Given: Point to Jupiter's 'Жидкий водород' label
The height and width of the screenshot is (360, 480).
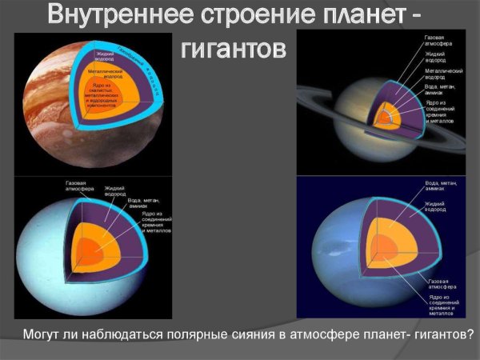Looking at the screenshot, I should pyautogui.click(x=98, y=54).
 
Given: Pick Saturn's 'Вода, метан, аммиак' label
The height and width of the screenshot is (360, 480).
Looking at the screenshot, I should pyautogui.click(x=439, y=90).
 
